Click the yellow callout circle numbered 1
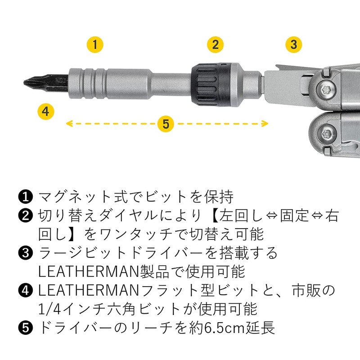click(95, 45)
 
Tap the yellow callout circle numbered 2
click(216, 45)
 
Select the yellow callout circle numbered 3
click(294, 45)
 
